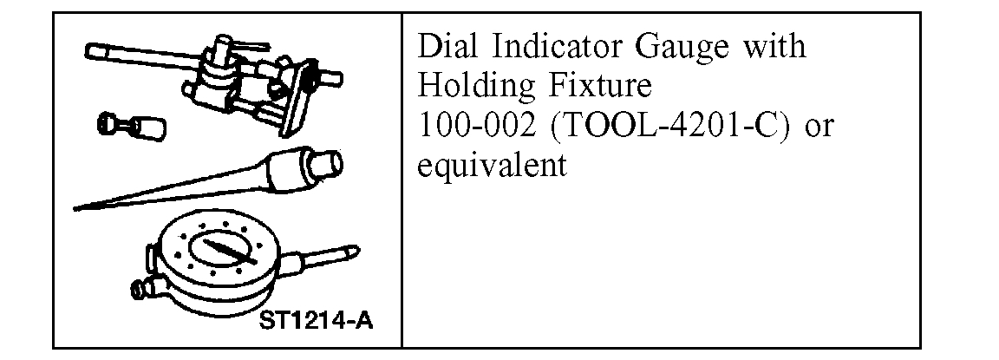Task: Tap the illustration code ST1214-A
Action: tap(317, 322)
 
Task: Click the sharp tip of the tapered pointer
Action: tap(78, 207)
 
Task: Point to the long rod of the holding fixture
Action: tap(130, 54)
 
